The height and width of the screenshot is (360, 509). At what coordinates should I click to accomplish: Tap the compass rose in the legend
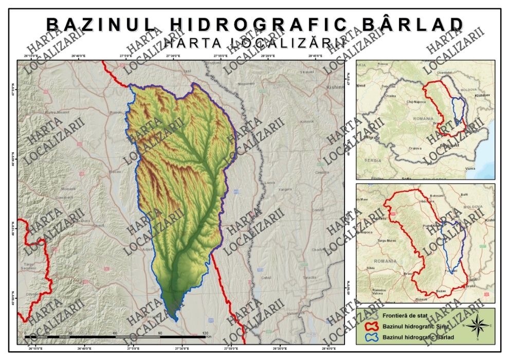(x=477, y=326)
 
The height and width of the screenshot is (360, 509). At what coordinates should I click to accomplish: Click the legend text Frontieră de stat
(x=406, y=316)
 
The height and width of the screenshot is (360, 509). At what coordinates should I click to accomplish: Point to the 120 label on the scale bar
(x=206, y=333)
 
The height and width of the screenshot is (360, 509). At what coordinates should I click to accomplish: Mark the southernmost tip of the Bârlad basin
(x=176, y=321)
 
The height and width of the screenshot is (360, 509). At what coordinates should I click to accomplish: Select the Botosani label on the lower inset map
(x=436, y=196)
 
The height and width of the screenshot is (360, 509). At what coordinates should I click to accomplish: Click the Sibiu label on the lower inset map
(x=371, y=268)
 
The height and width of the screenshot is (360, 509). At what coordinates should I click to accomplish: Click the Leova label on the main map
(x=271, y=183)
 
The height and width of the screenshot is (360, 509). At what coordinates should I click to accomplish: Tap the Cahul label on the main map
(x=266, y=278)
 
